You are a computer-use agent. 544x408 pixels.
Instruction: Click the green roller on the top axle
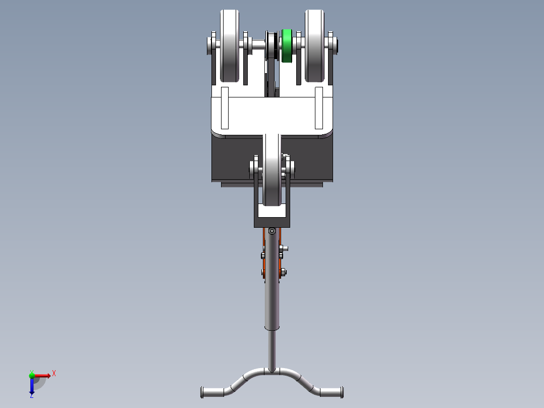coord(287,46)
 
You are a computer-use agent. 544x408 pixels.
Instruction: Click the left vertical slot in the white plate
coord(225,108)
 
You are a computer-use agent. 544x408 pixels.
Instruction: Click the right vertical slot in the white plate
coord(318,108)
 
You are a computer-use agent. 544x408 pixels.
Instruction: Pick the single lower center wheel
coord(272,172)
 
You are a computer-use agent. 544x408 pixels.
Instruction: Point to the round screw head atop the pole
coord(272,231)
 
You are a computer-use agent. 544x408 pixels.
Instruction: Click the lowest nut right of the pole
coord(284,272)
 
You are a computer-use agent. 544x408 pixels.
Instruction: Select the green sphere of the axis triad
coord(31,375)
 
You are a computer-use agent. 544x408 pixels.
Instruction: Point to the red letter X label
coord(54,373)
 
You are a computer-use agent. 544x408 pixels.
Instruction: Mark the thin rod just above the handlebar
coord(272,348)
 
